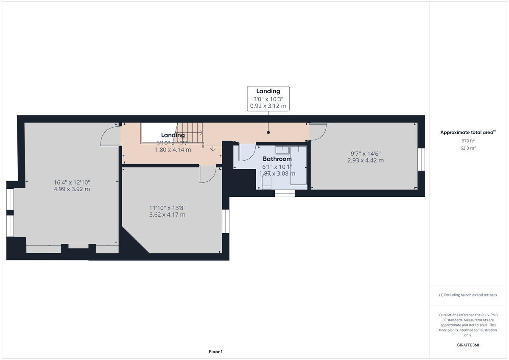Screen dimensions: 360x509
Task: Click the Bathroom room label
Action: pyautogui.click(x=276, y=159)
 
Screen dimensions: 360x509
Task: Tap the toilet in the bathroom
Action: pyautogui.click(x=266, y=183)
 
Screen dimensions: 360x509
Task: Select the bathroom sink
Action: pyautogui.click(x=282, y=149)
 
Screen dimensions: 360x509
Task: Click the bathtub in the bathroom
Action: pyautogui.click(x=298, y=165)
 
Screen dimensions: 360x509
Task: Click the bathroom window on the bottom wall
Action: pyautogui.click(x=285, y=193)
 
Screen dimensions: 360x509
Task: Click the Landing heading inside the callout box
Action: pyautogui.click(x=268, y=91)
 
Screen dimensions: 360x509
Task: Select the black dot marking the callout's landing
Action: pyautogui.click(x=268, y=132)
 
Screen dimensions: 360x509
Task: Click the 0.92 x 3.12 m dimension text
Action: pyautogui.click(x=268, y=106)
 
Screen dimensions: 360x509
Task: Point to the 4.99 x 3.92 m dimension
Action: pyautogui.click(x=72, y=189)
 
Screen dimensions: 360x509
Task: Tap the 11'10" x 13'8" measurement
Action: pyautogui.click(x=167, y=208)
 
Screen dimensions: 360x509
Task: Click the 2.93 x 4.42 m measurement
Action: pyautogui.click(x=365, y=160)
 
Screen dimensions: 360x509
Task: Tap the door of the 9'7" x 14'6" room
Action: pyautogui.click(x=317, y=131)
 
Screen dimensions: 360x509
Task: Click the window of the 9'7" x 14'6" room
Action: pyautogui.click(x=421, y=159)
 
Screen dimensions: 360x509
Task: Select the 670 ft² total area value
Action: pyautogui.click(x=468, y=141)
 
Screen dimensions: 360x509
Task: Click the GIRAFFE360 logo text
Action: pyautogui.click(x=468, y=345)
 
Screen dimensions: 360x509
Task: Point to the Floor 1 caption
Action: pyautogui.click(x=215, y=352)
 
